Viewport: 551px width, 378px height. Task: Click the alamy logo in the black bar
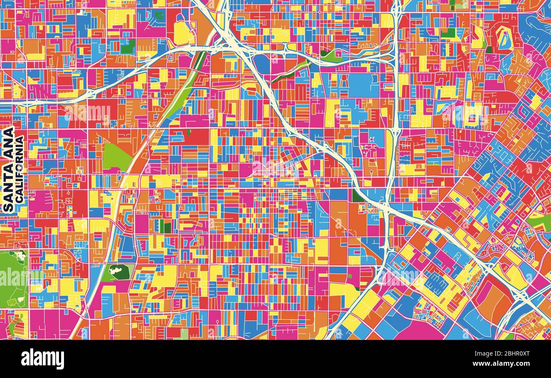pos(42,359)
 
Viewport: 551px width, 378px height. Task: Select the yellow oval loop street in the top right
pos(504,39)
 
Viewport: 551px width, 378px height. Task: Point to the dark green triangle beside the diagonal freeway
pos(357,196)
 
